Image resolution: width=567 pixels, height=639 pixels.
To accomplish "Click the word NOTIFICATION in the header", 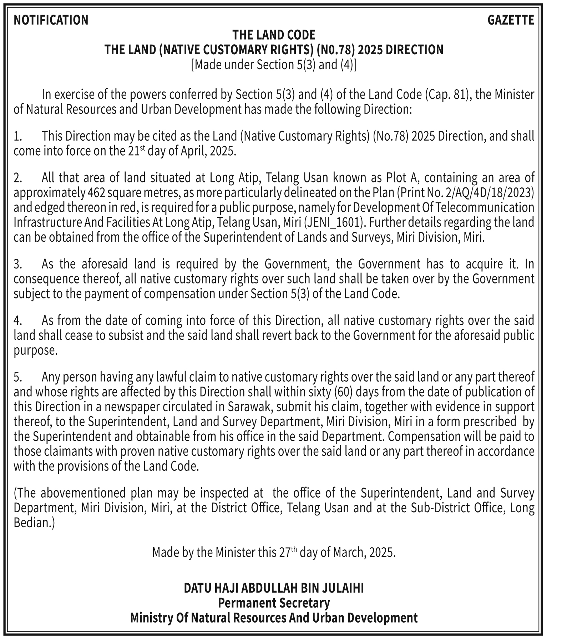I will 51,20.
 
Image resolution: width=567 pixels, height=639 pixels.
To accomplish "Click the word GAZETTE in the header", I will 511,20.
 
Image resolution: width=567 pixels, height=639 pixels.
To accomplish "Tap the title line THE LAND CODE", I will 274,35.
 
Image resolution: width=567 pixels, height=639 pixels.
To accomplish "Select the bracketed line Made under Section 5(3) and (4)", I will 274,65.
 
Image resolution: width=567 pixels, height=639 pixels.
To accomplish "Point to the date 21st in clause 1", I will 135,151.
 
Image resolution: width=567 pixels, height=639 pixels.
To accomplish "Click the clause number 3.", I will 18,264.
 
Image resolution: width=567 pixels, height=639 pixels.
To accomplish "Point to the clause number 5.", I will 18,377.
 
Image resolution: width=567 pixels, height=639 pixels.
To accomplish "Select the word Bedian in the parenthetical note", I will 32,523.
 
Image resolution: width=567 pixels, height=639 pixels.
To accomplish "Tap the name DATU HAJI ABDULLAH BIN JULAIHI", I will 274,588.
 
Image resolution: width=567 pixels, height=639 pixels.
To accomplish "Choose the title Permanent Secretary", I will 274,603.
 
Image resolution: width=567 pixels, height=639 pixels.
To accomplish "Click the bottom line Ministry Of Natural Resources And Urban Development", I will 274,618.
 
